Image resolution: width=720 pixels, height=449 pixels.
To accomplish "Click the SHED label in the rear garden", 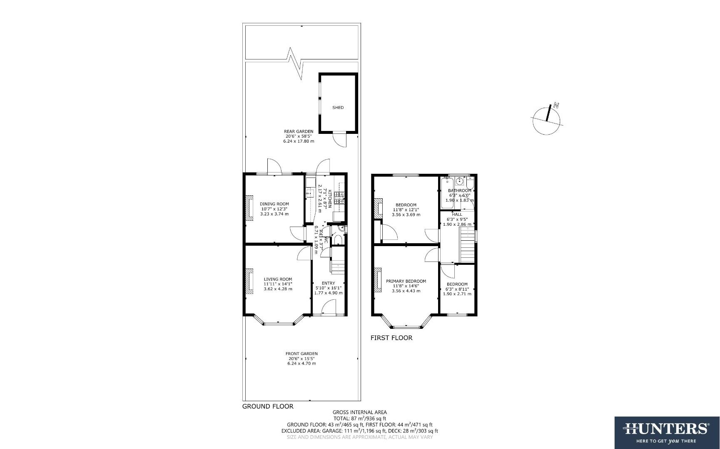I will coord(338,108).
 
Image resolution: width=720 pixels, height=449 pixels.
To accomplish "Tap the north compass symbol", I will coord(547,119).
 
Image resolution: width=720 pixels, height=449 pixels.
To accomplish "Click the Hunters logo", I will coord(666,432).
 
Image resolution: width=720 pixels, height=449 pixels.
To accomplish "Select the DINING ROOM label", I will coord(274,204).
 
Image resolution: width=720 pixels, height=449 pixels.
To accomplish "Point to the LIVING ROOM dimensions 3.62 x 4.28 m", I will coord(278,289).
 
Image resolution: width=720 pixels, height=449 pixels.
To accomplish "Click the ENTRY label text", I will coord(328,283).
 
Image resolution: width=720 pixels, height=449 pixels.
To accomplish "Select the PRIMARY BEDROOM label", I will coord(406,281).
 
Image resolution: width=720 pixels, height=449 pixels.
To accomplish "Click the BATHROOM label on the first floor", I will coord(459,190).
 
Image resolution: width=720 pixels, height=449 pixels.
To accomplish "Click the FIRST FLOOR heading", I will coord(391,338).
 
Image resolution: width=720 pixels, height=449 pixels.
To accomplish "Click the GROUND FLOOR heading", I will coord(268,407).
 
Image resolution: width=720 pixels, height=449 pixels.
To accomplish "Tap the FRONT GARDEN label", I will coord(301,354).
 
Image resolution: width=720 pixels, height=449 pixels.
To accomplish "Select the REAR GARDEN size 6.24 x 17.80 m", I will coord(299,141).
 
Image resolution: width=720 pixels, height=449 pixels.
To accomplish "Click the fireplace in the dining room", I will coord(249,208).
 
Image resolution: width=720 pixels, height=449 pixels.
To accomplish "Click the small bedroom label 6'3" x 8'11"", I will coord(457,289).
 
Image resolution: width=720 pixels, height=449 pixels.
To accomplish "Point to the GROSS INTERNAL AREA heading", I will coord(359,412).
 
